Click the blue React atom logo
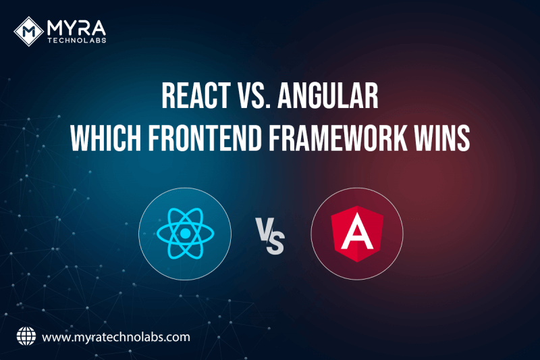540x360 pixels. click(x=184, y=234)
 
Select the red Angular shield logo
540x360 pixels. click(x=356, y=234)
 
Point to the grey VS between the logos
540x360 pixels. click(x=270, y=238)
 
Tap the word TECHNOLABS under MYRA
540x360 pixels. click(x=77, y=41)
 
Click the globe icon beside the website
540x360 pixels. click(x=25, y=336)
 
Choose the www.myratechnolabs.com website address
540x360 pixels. click(x=115, y=336)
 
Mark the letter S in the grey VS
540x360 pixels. click(x=275, y=242)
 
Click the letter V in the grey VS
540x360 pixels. click(x=264, y=233)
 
